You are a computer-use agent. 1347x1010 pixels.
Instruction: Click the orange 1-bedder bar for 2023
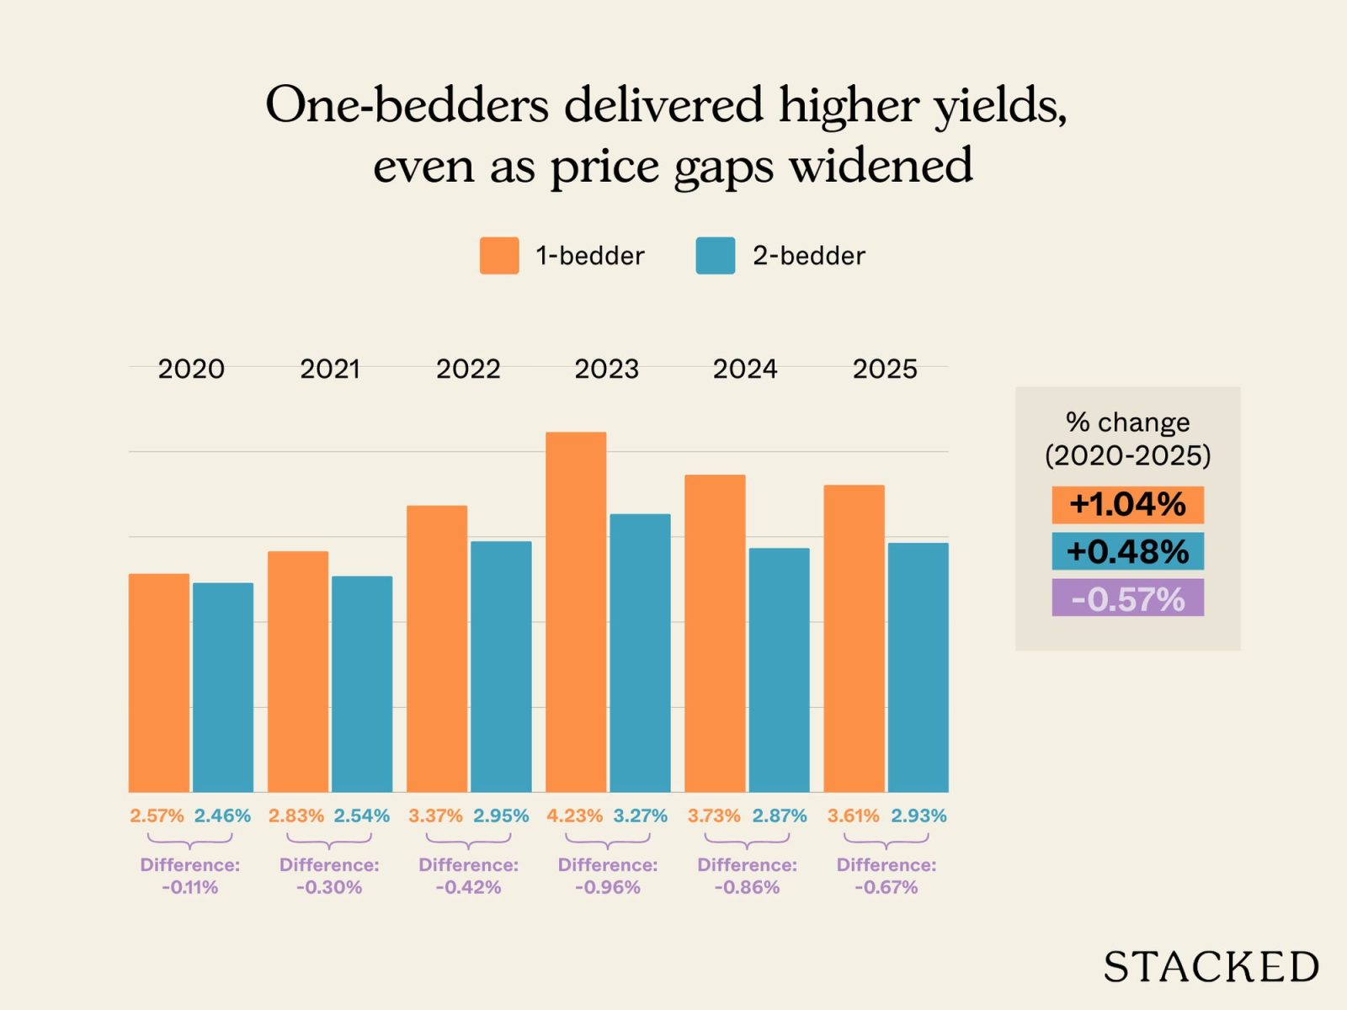coord(576,612)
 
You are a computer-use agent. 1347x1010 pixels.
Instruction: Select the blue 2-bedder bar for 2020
coord(223,687)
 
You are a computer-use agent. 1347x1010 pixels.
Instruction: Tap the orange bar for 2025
coord(854,638)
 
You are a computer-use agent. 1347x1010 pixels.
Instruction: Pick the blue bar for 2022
coord(501,666)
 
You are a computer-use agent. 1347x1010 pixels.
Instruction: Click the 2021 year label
coord(330,369)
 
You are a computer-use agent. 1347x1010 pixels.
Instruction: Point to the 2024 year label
coord(745,369)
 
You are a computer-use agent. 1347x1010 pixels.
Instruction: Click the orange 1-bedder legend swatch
coord(499,256)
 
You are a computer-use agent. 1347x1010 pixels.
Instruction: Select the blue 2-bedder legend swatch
coord(716,256)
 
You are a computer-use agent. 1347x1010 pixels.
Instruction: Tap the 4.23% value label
coord(574,816)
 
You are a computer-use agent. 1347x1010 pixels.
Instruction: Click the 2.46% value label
coord(222,816)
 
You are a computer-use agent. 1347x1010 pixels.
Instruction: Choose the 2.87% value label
coord(779,816)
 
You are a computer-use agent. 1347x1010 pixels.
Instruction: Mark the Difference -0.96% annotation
coord(608,875)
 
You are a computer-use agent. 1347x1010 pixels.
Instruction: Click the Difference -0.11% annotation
coord(190,875)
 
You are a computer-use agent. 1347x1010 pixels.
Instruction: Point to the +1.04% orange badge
coord(1127,505)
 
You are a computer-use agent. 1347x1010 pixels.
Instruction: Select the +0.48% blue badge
coord(1127,552)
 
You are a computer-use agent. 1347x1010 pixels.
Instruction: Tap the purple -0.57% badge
coord(1127,598)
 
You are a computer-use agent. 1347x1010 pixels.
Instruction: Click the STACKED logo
coord(1211,966)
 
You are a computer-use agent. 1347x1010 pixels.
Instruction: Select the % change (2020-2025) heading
coord(1127,439)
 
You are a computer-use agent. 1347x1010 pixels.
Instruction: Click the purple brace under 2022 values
coord(468,841)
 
